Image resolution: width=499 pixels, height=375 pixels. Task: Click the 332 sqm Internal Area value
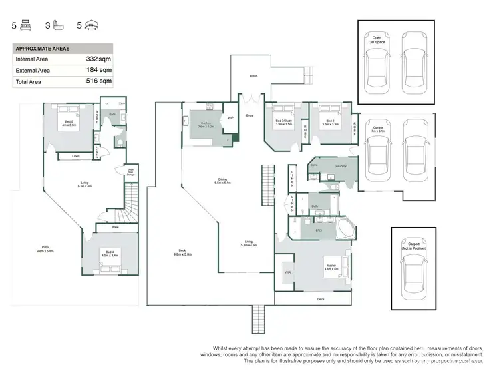[x=97, y=59]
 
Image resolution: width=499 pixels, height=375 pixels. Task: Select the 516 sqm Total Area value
[x=97, y=81]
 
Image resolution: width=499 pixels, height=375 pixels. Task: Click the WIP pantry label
[x=230, y=118]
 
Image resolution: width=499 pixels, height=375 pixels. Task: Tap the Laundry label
[x=341, y=165]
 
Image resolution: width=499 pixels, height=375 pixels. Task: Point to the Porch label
[x=253, y=76]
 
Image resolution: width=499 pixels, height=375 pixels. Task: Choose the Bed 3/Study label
[x=284, y=122]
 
